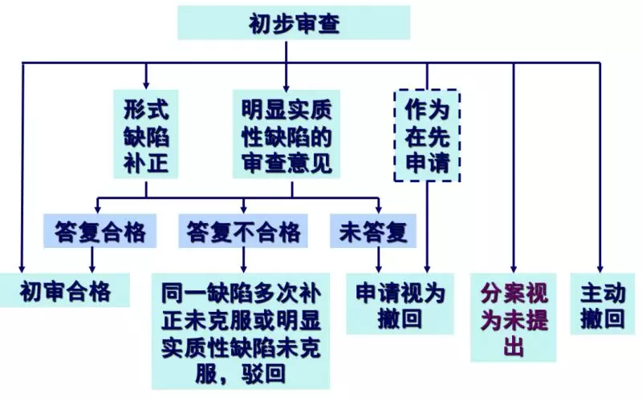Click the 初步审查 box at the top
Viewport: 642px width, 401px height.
tap(294, 23)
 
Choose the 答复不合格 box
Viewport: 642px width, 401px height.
tap(243, 232)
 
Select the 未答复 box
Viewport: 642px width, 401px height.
tap(373, 232)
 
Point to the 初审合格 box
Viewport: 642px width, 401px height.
tap(67, 290)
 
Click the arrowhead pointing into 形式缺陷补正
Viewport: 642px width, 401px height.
tap(146, 83)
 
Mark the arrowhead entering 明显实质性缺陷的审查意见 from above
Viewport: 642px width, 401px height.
tap(286, 83)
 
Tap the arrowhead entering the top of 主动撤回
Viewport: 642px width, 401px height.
tap(599, 269)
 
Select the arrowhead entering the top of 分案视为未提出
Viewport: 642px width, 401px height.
tap(514, 269)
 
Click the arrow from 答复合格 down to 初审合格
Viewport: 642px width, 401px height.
tap(91, 260)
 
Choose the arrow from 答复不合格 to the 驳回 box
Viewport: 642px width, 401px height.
tap(243, 260)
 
